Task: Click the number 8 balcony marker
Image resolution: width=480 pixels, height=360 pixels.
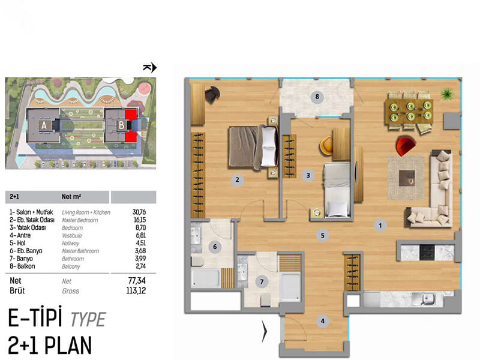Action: click(317, 97)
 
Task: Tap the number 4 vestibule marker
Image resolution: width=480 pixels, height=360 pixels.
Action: click(322, 321)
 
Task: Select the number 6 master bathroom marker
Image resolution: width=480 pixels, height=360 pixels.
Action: click(215, 247)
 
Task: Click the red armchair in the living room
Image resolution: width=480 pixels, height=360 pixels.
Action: click(405, 146)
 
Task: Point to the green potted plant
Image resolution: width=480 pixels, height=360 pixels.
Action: click(448, 93)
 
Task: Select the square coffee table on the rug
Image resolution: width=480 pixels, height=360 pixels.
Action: click(407, 178)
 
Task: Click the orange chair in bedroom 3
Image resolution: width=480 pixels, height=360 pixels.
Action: click(326, 145)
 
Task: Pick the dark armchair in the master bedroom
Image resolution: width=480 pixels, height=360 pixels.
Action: click(212, 94)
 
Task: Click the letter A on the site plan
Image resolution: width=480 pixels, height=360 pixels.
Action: click(44, 125)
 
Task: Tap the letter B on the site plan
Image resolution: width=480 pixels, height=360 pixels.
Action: click(122, 125)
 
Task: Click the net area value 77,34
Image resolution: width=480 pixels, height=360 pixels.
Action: click(137, 280)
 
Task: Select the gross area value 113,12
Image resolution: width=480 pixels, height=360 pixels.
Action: click(136, 290)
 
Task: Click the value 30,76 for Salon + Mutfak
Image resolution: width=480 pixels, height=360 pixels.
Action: click(139, 212)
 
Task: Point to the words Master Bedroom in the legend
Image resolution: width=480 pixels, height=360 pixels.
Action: click(80, 220)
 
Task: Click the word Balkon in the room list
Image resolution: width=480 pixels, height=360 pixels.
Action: click(26, 266)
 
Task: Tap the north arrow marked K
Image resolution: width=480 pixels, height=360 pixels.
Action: click(149, 67)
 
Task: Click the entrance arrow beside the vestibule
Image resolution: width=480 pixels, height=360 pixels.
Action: click(265, 331)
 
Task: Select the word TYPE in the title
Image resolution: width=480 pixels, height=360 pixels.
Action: click(88, 319)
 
